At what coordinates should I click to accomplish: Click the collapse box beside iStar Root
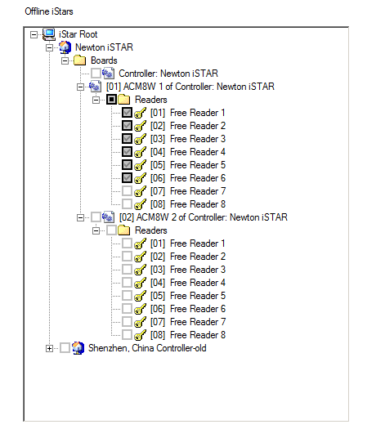34,35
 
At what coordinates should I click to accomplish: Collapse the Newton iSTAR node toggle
49,48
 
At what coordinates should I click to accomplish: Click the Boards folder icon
79,60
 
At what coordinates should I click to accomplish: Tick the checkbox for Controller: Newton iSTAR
96,74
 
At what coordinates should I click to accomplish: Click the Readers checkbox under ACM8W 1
111,100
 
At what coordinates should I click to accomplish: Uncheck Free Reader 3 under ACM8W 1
127,139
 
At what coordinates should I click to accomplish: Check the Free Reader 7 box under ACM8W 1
127,191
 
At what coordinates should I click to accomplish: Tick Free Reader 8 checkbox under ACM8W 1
127,203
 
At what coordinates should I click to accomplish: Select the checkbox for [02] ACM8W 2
96,217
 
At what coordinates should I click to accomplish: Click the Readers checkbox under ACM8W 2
111,230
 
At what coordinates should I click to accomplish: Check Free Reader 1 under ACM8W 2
127,244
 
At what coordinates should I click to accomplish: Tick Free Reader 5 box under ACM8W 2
127,296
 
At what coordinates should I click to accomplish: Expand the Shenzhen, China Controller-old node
49,348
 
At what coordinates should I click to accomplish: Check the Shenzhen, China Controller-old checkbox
65,348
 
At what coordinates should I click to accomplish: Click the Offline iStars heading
49,11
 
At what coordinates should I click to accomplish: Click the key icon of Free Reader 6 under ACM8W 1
140,178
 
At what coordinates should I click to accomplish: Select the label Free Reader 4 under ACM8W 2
198,283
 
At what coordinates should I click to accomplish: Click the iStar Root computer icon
49,34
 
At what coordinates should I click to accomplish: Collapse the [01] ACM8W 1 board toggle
80,87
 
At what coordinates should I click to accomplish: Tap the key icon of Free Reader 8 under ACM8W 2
140,335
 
